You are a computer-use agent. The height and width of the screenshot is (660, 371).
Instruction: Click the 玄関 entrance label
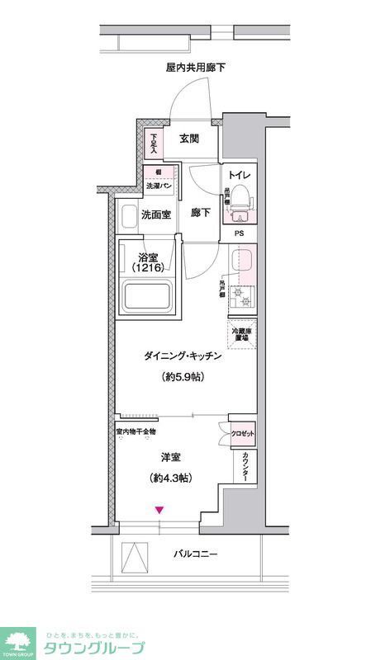click(x=188, y=139)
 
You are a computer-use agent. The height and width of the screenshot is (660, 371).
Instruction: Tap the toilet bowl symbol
click(x=240, y=196)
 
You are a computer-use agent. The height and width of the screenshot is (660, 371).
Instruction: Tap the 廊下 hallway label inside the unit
click(x=202, y=212)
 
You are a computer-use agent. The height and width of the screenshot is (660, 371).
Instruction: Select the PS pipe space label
click(x=240, y=233)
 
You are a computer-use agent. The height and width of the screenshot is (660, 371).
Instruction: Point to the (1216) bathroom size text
click(x=150, y=268)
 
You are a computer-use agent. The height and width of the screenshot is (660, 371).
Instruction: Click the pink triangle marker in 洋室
click(x=159, y=511)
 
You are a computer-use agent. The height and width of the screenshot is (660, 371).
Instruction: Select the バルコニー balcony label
click(x=196, y=554)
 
